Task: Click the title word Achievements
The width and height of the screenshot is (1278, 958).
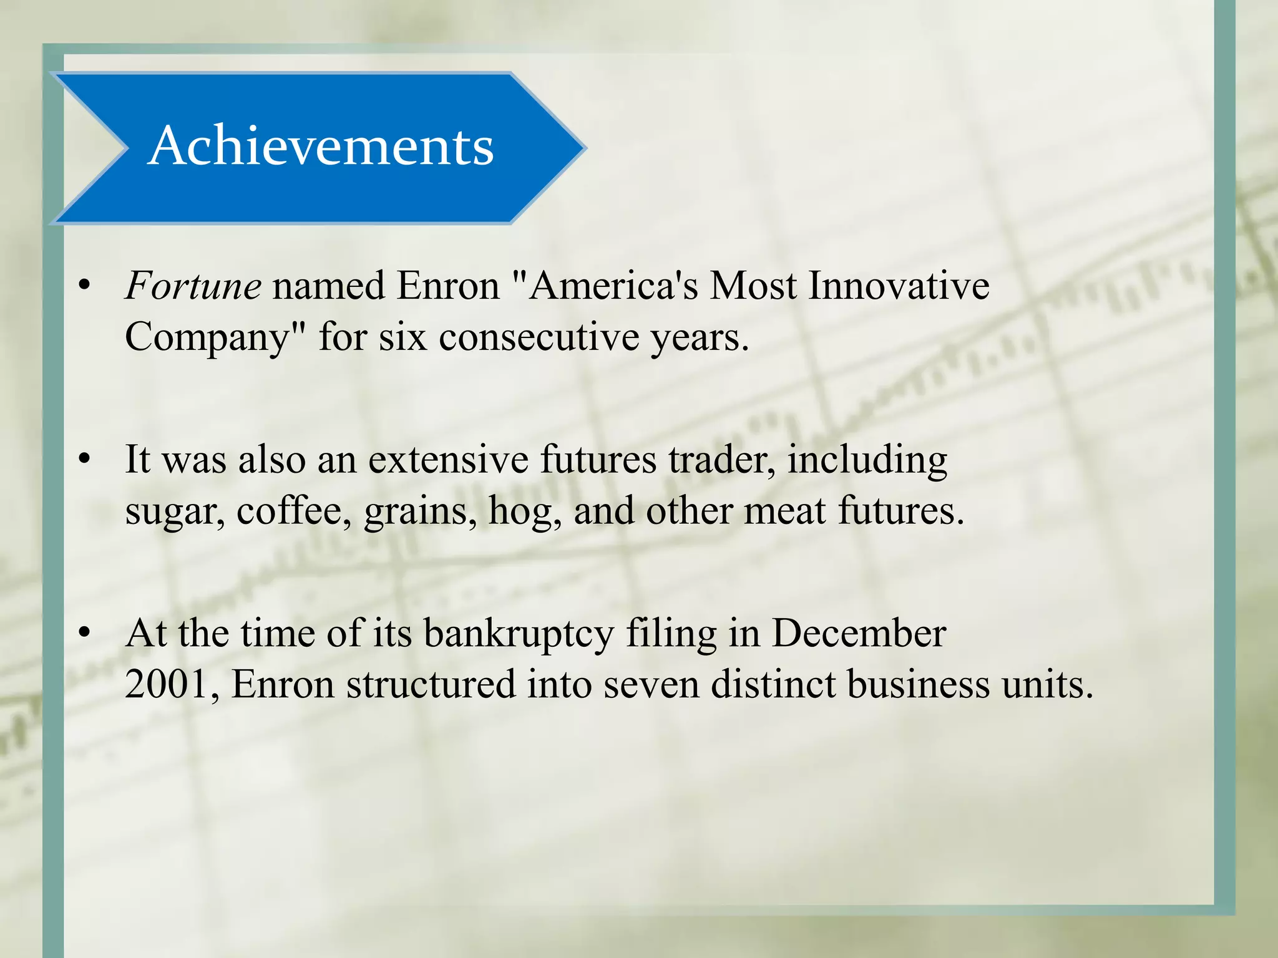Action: [321, 146]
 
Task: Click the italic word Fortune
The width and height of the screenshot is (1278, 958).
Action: [193, 286]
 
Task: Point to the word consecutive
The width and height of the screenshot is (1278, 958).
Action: [539, 337]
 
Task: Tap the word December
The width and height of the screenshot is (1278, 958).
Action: [859, 633]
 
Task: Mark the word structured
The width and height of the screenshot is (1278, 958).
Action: [431, 684]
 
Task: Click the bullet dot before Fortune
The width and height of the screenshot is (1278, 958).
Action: [85, 286]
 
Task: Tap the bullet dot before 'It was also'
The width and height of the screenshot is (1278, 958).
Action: [85, 460]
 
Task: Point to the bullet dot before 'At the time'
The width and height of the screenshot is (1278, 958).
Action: [85, 633]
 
